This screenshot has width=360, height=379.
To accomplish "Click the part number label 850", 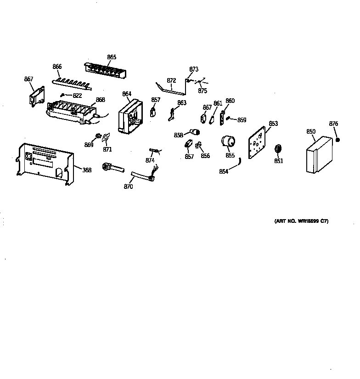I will coord(311,132).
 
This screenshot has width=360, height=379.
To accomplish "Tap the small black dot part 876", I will coord(337,140).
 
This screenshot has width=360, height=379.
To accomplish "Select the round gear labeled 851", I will coord(277,149).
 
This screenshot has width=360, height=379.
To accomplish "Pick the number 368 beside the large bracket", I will coord(87,170).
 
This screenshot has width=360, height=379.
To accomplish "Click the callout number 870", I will coord(128,187).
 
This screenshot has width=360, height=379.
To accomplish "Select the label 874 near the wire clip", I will coord(150,160).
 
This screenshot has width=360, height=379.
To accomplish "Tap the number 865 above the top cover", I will coord(112,57).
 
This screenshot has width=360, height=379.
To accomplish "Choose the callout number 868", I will coord(100,99).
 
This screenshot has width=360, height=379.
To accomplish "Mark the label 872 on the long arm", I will coord(171,81).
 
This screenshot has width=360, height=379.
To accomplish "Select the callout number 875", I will coord(202,91).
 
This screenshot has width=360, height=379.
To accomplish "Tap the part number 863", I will coord(182,103).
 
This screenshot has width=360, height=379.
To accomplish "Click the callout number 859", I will coord(242,120).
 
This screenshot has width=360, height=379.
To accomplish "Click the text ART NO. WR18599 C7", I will coord(301,221).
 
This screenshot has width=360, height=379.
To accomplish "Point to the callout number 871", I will coord(107,149).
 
